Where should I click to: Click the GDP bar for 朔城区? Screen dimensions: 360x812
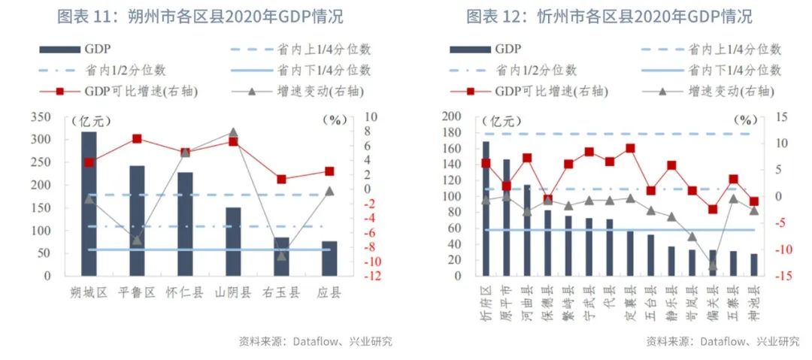pos(89,204)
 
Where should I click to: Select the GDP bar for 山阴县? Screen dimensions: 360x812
pos(233,241)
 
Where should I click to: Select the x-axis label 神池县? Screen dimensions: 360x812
pos(754,301)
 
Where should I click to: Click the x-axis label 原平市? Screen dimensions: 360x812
pos(507,301)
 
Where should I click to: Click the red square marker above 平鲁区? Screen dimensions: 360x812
pos(137,139)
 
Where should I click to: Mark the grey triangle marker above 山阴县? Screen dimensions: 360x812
pos(233,132)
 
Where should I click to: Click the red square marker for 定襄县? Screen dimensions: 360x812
pos(630,149)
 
